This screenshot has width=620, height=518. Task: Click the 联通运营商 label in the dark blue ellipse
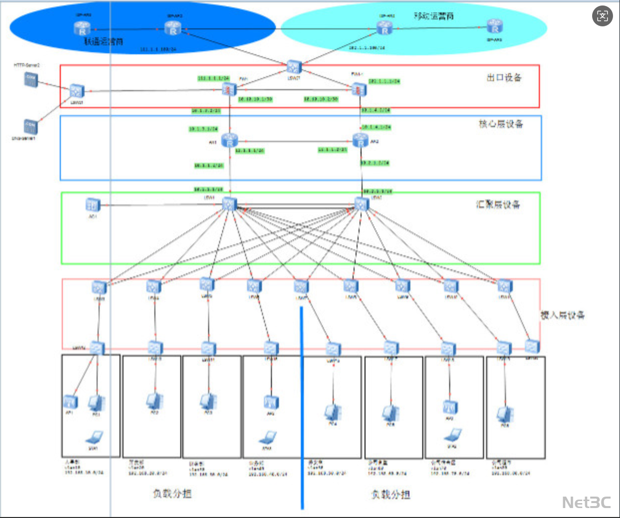103,42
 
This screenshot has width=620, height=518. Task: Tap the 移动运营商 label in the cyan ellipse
433,16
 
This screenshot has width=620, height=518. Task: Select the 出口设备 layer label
504,78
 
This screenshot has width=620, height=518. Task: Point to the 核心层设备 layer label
500,124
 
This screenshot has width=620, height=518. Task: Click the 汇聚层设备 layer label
497,205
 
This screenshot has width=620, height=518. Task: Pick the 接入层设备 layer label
562,315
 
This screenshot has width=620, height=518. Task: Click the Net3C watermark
586,503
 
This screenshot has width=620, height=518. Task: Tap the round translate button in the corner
602,16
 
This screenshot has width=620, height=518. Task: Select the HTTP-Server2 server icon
31,79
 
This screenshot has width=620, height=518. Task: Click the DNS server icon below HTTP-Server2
30,126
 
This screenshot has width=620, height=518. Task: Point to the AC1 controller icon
93,205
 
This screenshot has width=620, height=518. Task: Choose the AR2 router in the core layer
360,141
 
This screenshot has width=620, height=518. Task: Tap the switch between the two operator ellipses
294,66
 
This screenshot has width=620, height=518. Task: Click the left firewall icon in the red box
229,90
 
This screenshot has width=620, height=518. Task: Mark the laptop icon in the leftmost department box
94,438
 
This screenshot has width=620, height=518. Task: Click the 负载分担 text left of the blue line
172,494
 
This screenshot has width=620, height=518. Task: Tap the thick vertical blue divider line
302,408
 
